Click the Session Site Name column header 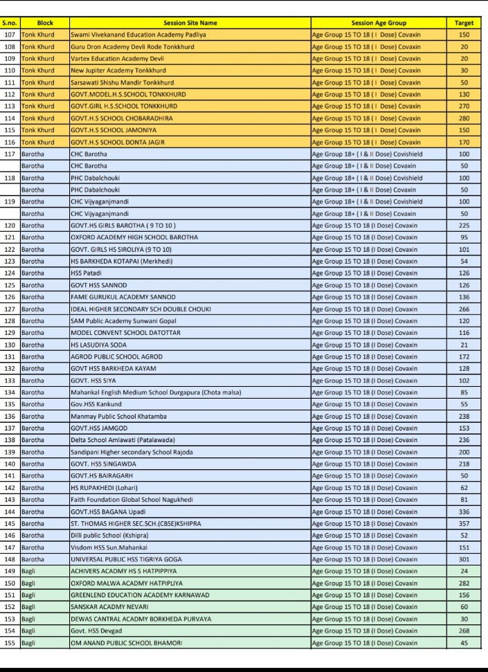pos(189,23)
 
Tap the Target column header pos(464,23)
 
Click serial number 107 pos(10,35)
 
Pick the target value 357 pos(464,523)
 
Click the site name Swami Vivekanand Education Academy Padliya pos(138,35)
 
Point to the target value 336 pos(464,511)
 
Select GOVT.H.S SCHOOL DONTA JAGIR pos(117,142)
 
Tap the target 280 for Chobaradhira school pos(464,118)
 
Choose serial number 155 pos(10,643)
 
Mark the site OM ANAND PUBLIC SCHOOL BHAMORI pos(126,643)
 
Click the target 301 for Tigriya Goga pos(464,559)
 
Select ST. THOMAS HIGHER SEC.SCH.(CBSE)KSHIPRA pos(136,523)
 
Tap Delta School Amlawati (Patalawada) pos(123,440)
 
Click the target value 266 pos(464,309)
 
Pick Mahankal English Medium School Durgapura pos(156,392)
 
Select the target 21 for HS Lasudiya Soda pos(464,345)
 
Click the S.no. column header pos(10,23)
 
